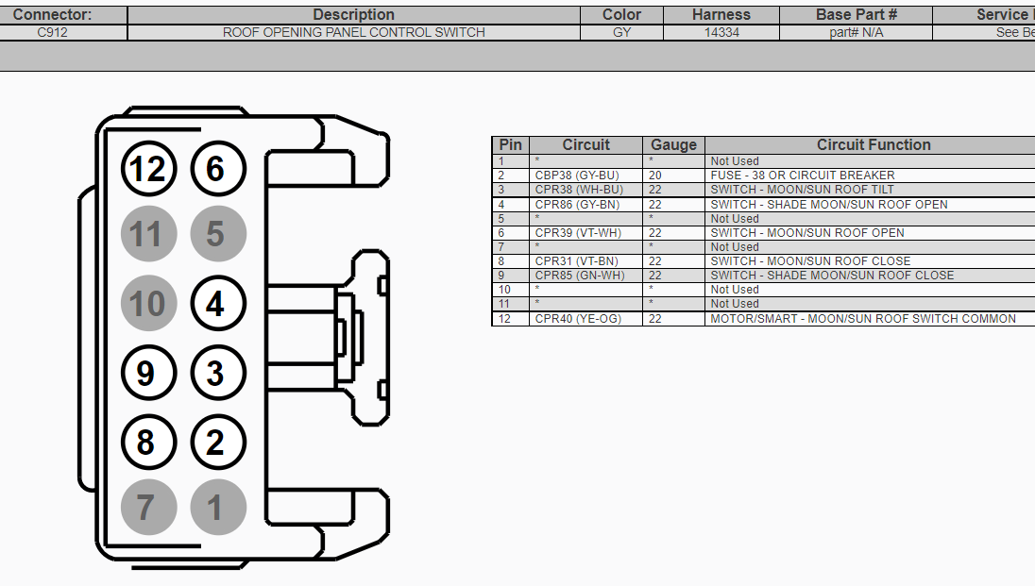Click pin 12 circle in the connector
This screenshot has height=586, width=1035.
[149, 169]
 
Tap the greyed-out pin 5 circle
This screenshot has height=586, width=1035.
[218, 234]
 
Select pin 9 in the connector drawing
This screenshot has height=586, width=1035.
[149, 374]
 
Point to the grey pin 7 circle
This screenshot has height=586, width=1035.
[149, 508]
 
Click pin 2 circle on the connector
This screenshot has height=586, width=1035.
[218, 442]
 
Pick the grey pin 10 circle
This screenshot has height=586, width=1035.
[149, 304]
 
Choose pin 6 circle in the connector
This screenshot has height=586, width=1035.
[218, 169]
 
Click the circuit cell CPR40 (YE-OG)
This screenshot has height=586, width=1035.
[578, 319]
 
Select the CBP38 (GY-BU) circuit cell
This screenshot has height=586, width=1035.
[578, 176]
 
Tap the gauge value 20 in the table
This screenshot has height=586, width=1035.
[655, 176]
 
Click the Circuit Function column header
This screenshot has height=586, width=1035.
[873, 145]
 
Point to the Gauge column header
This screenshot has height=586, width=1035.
[673, 145]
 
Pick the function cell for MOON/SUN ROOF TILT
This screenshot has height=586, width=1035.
[802, 190]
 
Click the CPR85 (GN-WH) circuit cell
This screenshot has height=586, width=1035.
[579, 276]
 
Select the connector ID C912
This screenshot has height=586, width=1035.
[53, 32]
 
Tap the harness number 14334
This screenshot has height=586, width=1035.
[721, 32]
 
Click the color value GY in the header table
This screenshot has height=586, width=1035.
[621, 32]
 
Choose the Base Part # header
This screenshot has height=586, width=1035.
[856, 15]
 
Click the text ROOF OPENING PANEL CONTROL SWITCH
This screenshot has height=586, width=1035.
[353, 32]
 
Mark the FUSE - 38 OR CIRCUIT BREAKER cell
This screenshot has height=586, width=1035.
[802, 176]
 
